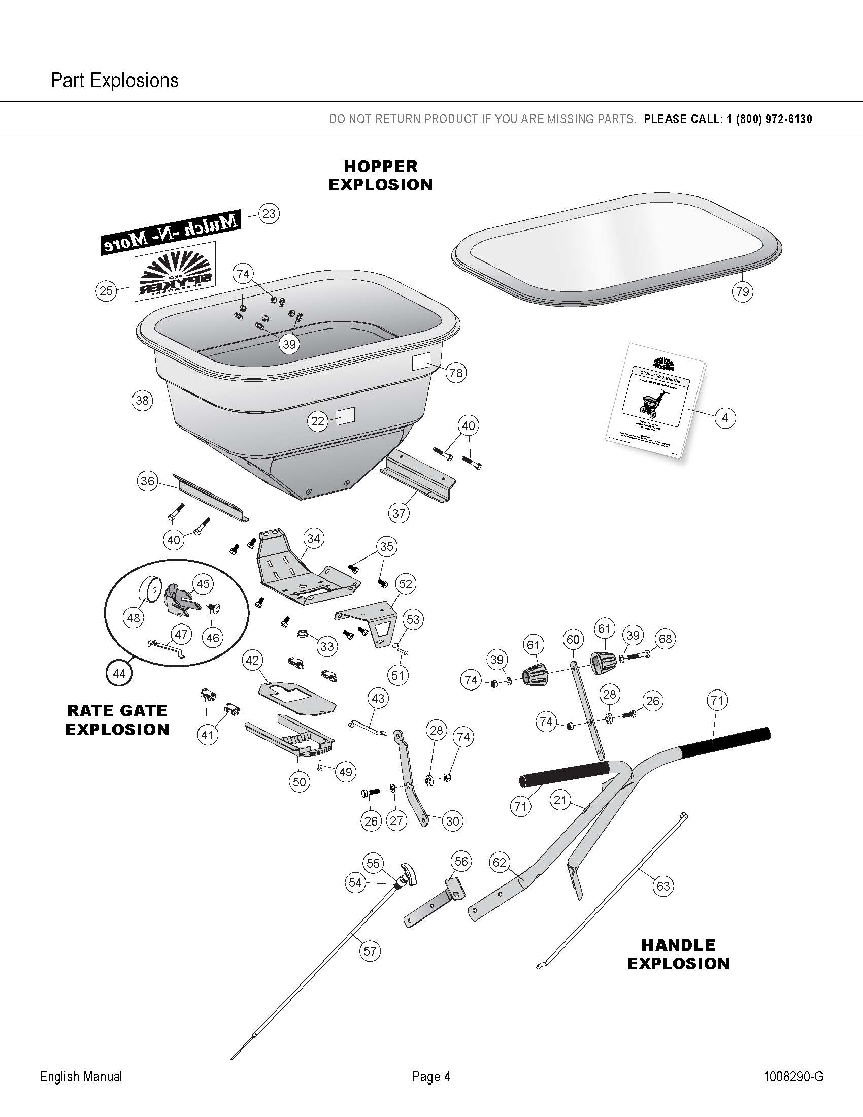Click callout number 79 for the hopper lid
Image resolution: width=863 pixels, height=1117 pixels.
(742, 291)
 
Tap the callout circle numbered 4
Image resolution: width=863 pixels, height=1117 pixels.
(725, 417)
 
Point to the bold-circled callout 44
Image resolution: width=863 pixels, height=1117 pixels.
(119, 673)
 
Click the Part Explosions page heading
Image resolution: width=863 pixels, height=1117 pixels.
(115, 81)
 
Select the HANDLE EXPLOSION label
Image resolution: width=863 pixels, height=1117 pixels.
(678, 954)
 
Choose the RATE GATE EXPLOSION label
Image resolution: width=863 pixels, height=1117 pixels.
(118, 720)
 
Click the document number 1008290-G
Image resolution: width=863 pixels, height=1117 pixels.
(793, 1076)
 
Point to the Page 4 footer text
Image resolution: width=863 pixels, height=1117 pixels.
(432, 1076)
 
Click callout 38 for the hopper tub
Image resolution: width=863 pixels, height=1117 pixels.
(142, 400)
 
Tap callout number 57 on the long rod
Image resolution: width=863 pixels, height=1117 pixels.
(370, 951)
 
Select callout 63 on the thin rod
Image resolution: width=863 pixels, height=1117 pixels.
(663, 885)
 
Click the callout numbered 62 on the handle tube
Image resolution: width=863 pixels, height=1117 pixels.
(499, 862)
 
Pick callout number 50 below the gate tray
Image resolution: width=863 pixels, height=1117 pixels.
(300, 781)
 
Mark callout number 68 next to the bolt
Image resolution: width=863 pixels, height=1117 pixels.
(665, 639)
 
